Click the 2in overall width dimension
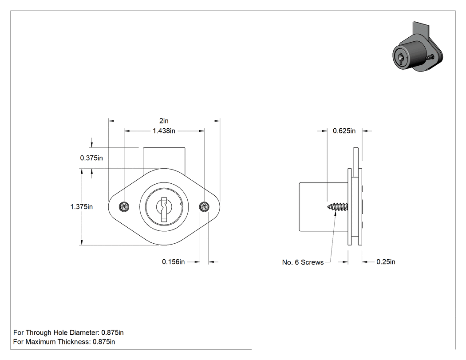click(x=164, y=121)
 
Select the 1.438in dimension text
click(x=164, y=131)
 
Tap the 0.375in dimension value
click(x=91, y=158)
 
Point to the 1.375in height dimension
click(x=81, y=206)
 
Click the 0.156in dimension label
click(x=173, y=261)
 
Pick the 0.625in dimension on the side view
click(x=344, y=131)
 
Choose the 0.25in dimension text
click(x=386, y=261)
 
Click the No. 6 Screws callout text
click(x=303, y=262)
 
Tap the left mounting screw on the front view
click(x=124, y=206)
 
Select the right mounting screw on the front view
click(x=204, y=206)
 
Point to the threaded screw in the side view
click(x=338, y=206)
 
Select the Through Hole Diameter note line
click(x=68, y=332)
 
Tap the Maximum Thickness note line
click(x=64, y=341)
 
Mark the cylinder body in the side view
click(x=324, y=206)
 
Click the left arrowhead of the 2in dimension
click(x=111, y=121)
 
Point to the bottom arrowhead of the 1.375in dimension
click(x=82, y=242)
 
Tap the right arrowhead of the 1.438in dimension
click(x=201, y=131)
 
